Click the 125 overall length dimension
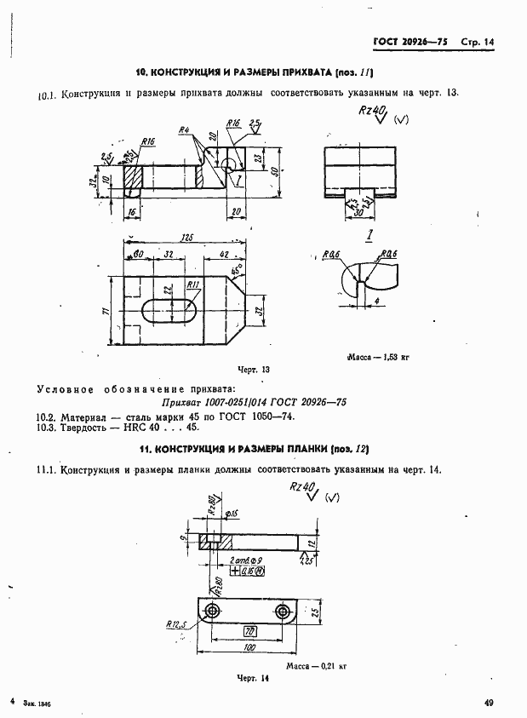[185, 238]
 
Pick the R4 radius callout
[183, 130]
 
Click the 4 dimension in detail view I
[375, 302]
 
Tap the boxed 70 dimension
[250, 631]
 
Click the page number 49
[489, 703]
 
